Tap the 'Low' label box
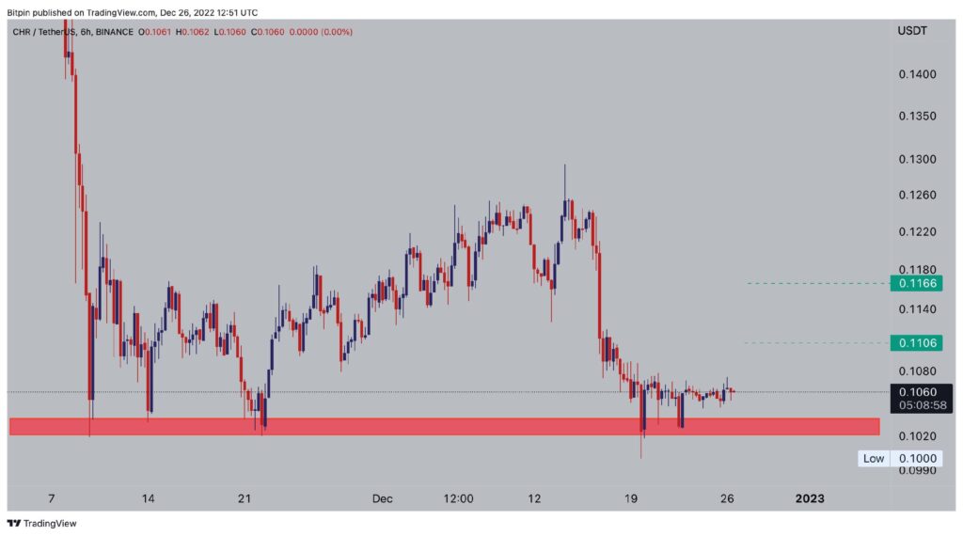point(874,458)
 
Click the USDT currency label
point(912,30)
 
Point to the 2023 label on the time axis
point(809,498)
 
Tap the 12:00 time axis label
point(459,498)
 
